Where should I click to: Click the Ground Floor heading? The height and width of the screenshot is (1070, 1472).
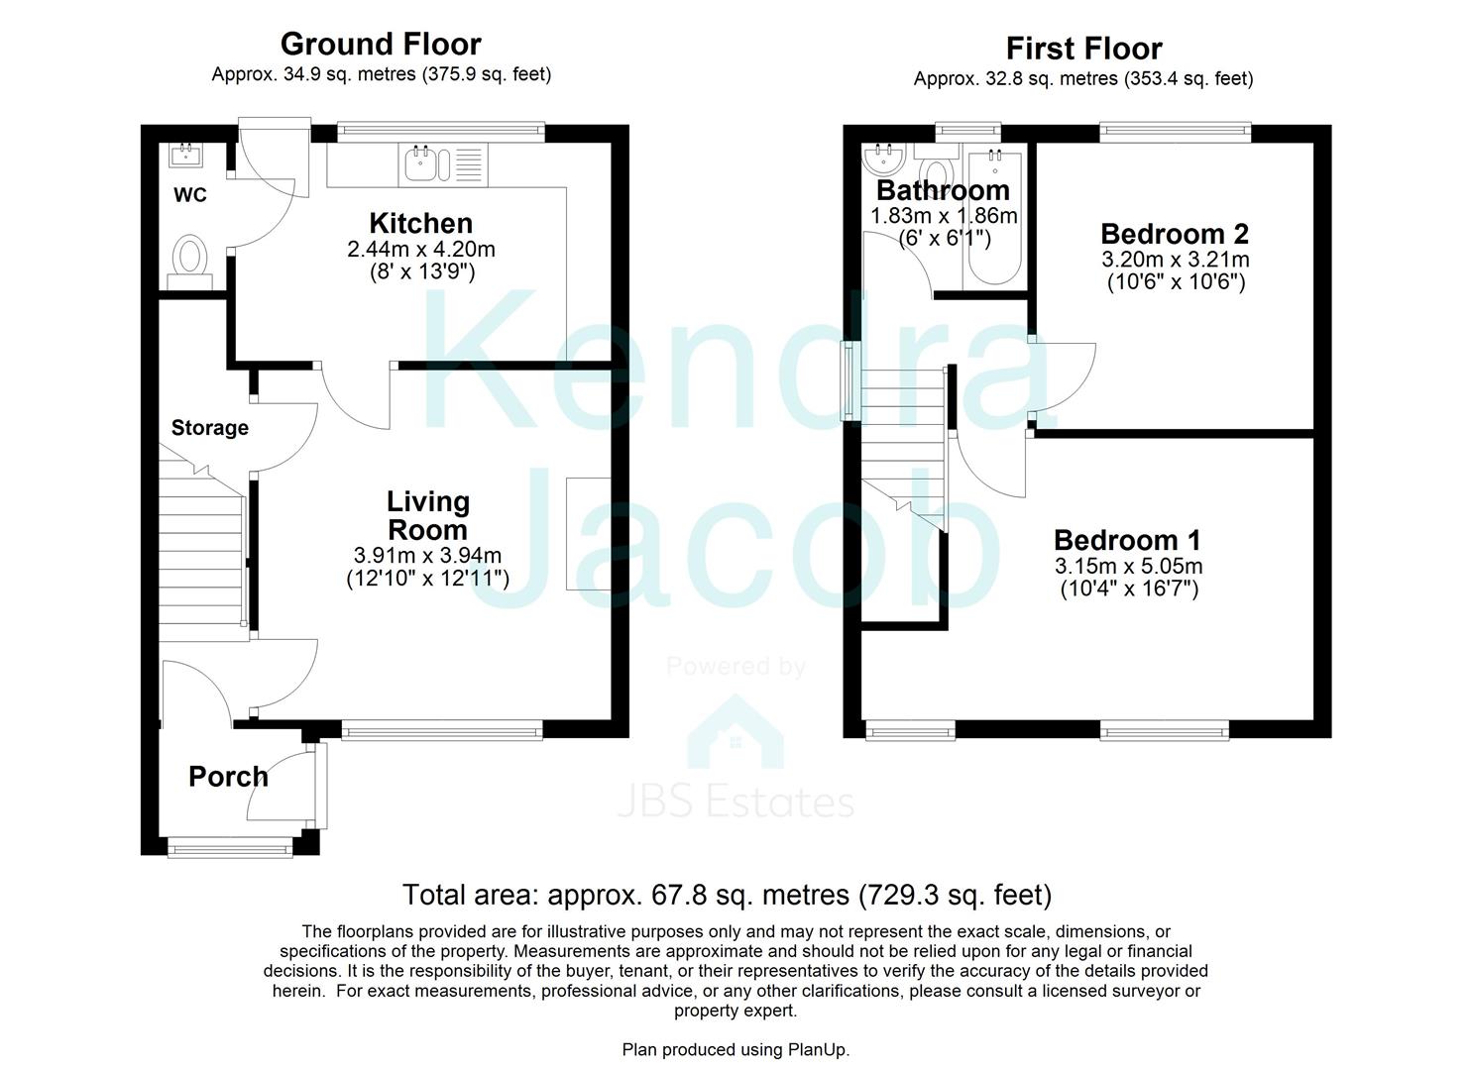381,44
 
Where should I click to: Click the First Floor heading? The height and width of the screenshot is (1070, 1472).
1083,48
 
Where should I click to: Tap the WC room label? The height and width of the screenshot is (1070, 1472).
190,195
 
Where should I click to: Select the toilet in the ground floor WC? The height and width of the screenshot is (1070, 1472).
189,257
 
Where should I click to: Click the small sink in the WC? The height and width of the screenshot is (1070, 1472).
186,155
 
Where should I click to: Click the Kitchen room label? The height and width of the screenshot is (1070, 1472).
420,223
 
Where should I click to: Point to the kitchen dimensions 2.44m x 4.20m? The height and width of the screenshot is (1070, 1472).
420,249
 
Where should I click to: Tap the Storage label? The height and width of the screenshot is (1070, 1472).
209,428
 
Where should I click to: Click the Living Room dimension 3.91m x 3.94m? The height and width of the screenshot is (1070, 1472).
427,556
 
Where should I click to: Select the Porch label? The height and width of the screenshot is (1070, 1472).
228,777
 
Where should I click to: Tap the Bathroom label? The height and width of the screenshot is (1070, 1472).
943,190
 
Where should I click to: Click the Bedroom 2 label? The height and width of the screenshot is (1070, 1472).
1175,234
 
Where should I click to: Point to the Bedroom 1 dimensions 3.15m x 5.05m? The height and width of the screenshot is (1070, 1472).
1128,567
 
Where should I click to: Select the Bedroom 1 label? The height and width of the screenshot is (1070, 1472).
1127,540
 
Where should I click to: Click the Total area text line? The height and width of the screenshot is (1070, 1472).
727,895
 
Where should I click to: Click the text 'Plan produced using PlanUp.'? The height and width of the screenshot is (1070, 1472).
736,1049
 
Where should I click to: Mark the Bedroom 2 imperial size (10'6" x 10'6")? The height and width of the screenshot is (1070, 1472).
1175,282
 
